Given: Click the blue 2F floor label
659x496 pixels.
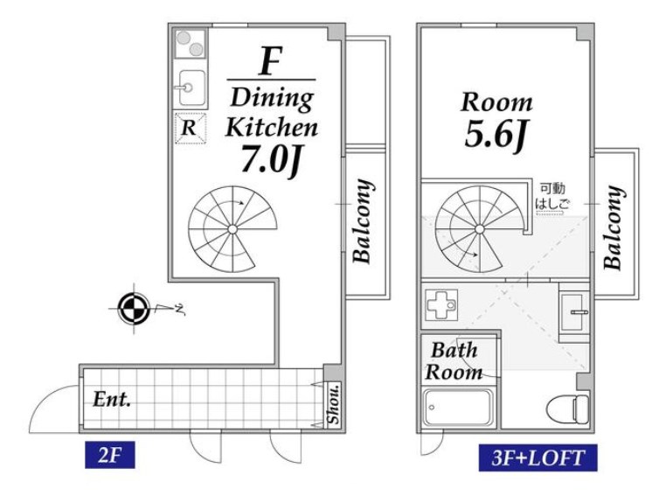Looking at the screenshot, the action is pyautogui.click(x=110, y=455).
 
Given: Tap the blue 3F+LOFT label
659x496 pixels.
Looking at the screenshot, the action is pyautogui.click(x=538, y=458).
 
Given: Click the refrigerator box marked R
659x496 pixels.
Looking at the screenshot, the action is pyautogui.click(x=191, y=128).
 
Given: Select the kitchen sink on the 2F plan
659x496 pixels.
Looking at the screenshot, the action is pyautogui.click(x=192, y=88).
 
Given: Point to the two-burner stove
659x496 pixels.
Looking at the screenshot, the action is pyautogui.click(x=191, y=44).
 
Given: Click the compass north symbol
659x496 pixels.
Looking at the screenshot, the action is pyautogui.click(x=134, y=309).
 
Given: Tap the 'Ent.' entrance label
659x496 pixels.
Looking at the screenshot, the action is pyautogui.click(x=111, y=399).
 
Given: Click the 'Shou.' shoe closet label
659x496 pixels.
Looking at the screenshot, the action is pyautogui.click(x=333, y=404).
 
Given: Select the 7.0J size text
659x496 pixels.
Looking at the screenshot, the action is pyautogui.click(x=272, y=159).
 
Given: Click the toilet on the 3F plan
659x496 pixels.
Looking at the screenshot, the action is pyautogui.click(x=567, y=408).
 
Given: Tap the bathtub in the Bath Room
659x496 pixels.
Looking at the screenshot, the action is pyautogui.click(x=458, y=408).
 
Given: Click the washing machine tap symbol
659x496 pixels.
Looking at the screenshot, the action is pyautogui.click(x=440, y=304).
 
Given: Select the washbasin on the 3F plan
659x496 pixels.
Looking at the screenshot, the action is pyautogui.click(x=573, y=312).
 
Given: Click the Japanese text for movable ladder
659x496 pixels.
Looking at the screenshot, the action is pyautogui.click(x=552, y=196).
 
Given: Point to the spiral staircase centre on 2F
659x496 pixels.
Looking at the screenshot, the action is pyautogui.click(x=232, y=229).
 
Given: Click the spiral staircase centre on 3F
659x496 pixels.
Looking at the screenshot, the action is pyautogui.click(x=480, y=229).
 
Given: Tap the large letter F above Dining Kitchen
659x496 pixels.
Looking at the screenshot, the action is pyautogui.click(x=271, y=61).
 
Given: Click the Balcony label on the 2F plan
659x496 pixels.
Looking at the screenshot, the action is pyautogui.click(x=363, y=221).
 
